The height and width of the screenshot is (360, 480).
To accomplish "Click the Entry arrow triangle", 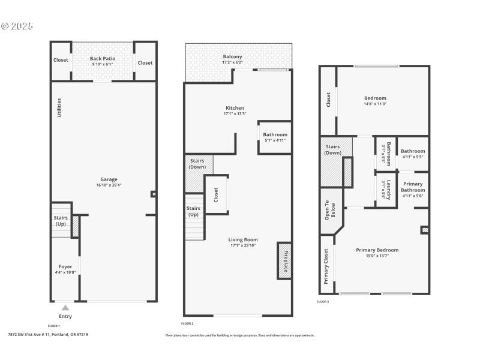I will point(65,308).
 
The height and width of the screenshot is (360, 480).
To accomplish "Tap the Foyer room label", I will point(65,266).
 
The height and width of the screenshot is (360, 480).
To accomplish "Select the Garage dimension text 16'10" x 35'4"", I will point(109,185).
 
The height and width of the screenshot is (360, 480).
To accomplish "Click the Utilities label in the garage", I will point(59,107).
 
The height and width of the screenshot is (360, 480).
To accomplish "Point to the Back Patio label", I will point(103,58).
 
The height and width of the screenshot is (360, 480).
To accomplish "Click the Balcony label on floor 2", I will point(232,56).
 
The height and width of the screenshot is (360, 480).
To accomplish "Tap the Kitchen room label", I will point(233,108).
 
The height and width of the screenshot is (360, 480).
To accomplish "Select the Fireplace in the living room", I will point(284,260).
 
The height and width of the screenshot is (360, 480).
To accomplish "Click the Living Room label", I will point(243,239).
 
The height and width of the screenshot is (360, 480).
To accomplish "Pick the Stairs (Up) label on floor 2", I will point(193,211).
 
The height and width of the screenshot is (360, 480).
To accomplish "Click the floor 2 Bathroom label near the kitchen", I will point(275,134).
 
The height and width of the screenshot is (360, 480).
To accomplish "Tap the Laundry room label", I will point(388,190).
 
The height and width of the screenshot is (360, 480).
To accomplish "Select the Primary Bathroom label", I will point(413,187).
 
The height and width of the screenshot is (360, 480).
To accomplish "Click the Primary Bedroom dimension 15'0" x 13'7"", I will point(377,256).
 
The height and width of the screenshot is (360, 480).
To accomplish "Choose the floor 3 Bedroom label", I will point(375,98).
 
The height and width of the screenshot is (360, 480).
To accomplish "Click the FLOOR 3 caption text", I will point(323,301).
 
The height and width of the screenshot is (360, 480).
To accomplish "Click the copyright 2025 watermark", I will point(17,26).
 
